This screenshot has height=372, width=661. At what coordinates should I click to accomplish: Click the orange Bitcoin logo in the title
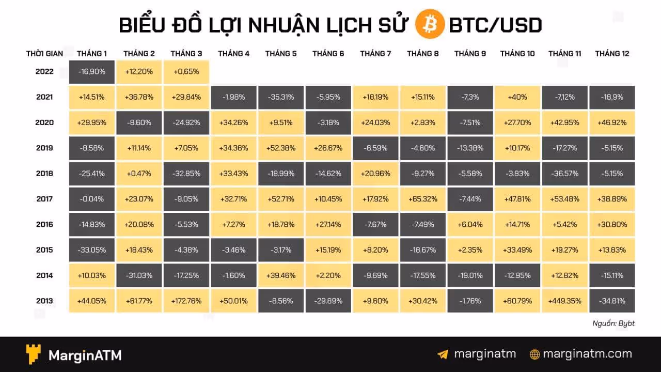pos(430,24)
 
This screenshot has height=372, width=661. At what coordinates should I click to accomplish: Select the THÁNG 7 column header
pos(375,53)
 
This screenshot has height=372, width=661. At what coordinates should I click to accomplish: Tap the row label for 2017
pos(44,199)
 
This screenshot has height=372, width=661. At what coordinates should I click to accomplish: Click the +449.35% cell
pos(564,301)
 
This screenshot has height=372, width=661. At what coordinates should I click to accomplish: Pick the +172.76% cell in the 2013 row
pos(186,301)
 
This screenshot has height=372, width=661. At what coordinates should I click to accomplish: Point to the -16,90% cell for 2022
pos(92,72)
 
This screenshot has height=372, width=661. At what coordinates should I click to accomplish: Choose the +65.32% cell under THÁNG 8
pos(422,199)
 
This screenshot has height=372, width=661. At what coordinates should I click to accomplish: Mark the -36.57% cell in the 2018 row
pos(564,174)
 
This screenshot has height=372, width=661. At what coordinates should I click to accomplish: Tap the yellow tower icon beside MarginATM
pos(34,354)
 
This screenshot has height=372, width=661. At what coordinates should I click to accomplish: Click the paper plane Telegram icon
pos(443,354)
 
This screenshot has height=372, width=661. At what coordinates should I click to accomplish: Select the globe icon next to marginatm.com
pos(535,354)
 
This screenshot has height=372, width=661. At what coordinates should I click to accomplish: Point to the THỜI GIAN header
pos(44,53)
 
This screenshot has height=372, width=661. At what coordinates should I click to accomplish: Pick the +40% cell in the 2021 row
pos(517,97)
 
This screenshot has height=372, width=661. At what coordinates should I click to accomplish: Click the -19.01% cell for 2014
pos(470,275)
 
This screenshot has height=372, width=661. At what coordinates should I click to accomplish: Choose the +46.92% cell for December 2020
pos(612,122)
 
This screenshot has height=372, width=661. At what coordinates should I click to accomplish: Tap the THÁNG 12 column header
pos(612,53)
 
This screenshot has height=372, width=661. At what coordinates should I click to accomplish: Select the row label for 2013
pos(44,301)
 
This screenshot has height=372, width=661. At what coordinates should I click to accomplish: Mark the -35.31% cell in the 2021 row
pos(281,97)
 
